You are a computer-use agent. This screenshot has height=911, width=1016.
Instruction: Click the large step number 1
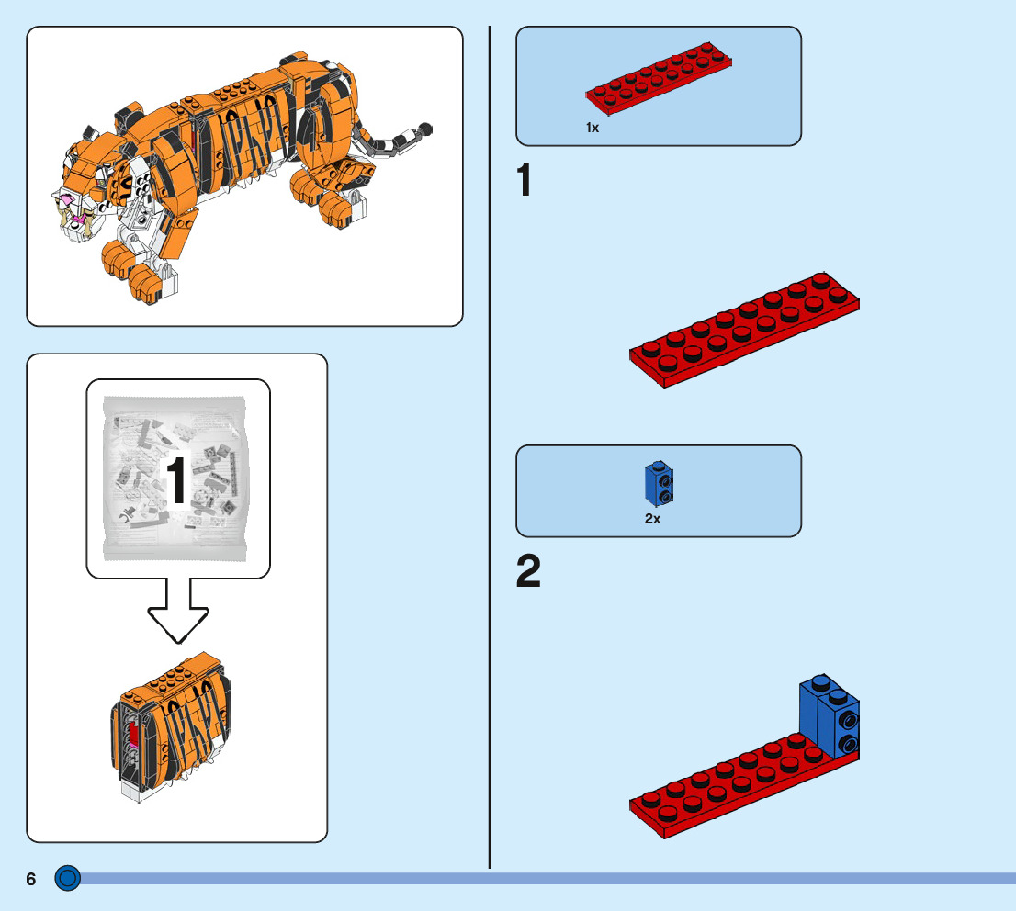[x=525, y=180]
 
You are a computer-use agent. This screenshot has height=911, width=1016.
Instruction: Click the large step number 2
[x=528, y=572]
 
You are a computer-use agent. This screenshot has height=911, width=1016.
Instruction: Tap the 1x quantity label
[x=593, y=129]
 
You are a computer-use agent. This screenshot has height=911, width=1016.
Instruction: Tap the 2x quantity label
[x=652, y=519]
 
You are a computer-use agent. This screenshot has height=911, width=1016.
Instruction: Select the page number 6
[x=31, y=880]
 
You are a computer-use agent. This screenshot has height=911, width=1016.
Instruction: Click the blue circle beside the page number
[x=68, y=879]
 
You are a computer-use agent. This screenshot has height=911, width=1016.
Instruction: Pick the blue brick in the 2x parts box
[x=658, y=483]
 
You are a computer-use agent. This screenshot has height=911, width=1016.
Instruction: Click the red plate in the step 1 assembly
[x=744, y=331]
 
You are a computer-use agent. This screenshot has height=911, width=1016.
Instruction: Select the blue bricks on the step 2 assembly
[x=830, y=717]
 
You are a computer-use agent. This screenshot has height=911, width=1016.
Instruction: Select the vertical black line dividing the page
[x=490, y=441]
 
